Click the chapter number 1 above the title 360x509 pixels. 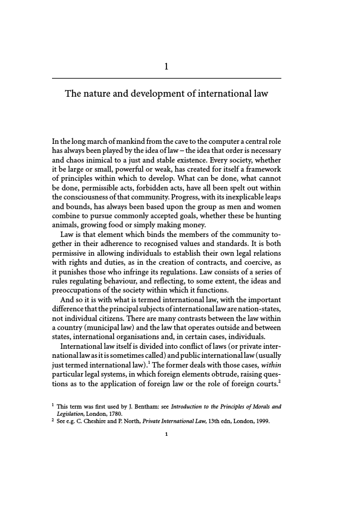166,67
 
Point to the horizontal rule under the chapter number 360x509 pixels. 166,79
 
